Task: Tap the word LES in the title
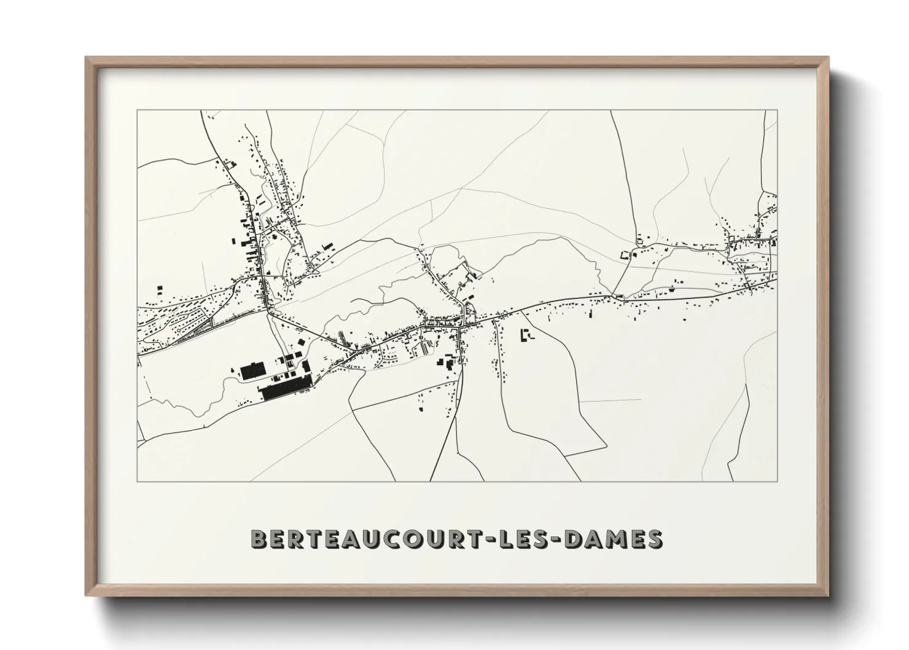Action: [x=552, y=539]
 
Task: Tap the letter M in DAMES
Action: [x=624, y=539]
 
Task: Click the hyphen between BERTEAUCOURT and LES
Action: [x=518, y=539]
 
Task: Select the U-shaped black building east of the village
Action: [x=526, y=335]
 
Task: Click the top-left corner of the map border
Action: [x=138, y=111]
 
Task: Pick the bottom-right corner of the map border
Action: [x=777, y=481]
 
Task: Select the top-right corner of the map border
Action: [x=777, y=111]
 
